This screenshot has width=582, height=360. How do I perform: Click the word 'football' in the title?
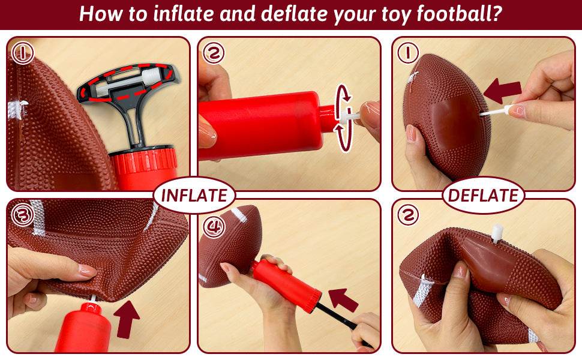pos(454,14)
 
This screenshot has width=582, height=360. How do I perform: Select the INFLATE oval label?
pos(194,196)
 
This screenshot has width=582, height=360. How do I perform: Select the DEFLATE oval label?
pos(483,196)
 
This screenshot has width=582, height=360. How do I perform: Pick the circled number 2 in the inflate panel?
pos(214,53)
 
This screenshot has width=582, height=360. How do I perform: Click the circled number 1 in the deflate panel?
pos(408,53)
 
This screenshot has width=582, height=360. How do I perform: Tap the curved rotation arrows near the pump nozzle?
pos(344,118)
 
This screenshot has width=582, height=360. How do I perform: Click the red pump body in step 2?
pos(264,125)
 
